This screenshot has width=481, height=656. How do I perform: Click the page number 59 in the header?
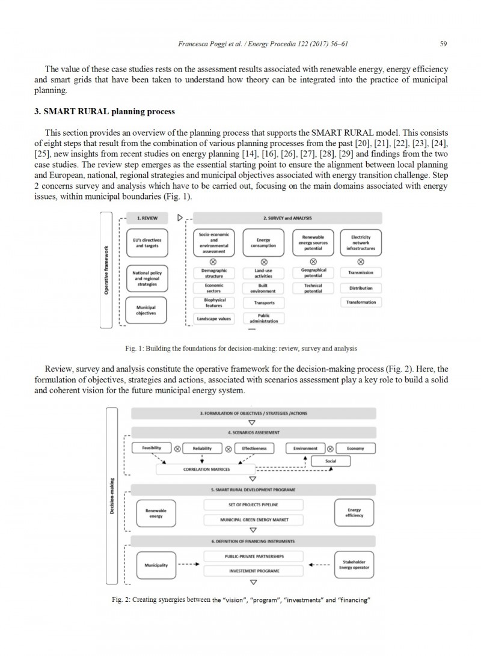(443, 44)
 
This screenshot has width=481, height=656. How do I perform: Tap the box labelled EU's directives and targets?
(147, 242)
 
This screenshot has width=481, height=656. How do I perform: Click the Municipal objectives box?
(147, 310)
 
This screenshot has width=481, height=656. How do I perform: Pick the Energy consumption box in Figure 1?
(263, 242)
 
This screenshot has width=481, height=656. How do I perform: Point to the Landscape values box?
(214, 319)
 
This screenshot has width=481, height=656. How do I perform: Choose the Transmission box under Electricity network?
(361, 272)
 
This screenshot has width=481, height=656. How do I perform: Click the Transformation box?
(361, 302)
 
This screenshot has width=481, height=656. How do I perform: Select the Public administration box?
(263, 318)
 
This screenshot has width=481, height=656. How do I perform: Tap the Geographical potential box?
(313, 272)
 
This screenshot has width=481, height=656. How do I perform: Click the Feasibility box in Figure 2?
(151, 449)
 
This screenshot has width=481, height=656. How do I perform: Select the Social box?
(330, 461)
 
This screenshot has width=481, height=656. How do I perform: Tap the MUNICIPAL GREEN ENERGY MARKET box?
(254, 519)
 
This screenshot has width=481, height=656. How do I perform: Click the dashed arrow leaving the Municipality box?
(188, 565)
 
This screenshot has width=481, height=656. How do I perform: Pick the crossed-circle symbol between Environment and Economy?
(330, 449)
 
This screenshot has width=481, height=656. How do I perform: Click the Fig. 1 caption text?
(240, 348)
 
